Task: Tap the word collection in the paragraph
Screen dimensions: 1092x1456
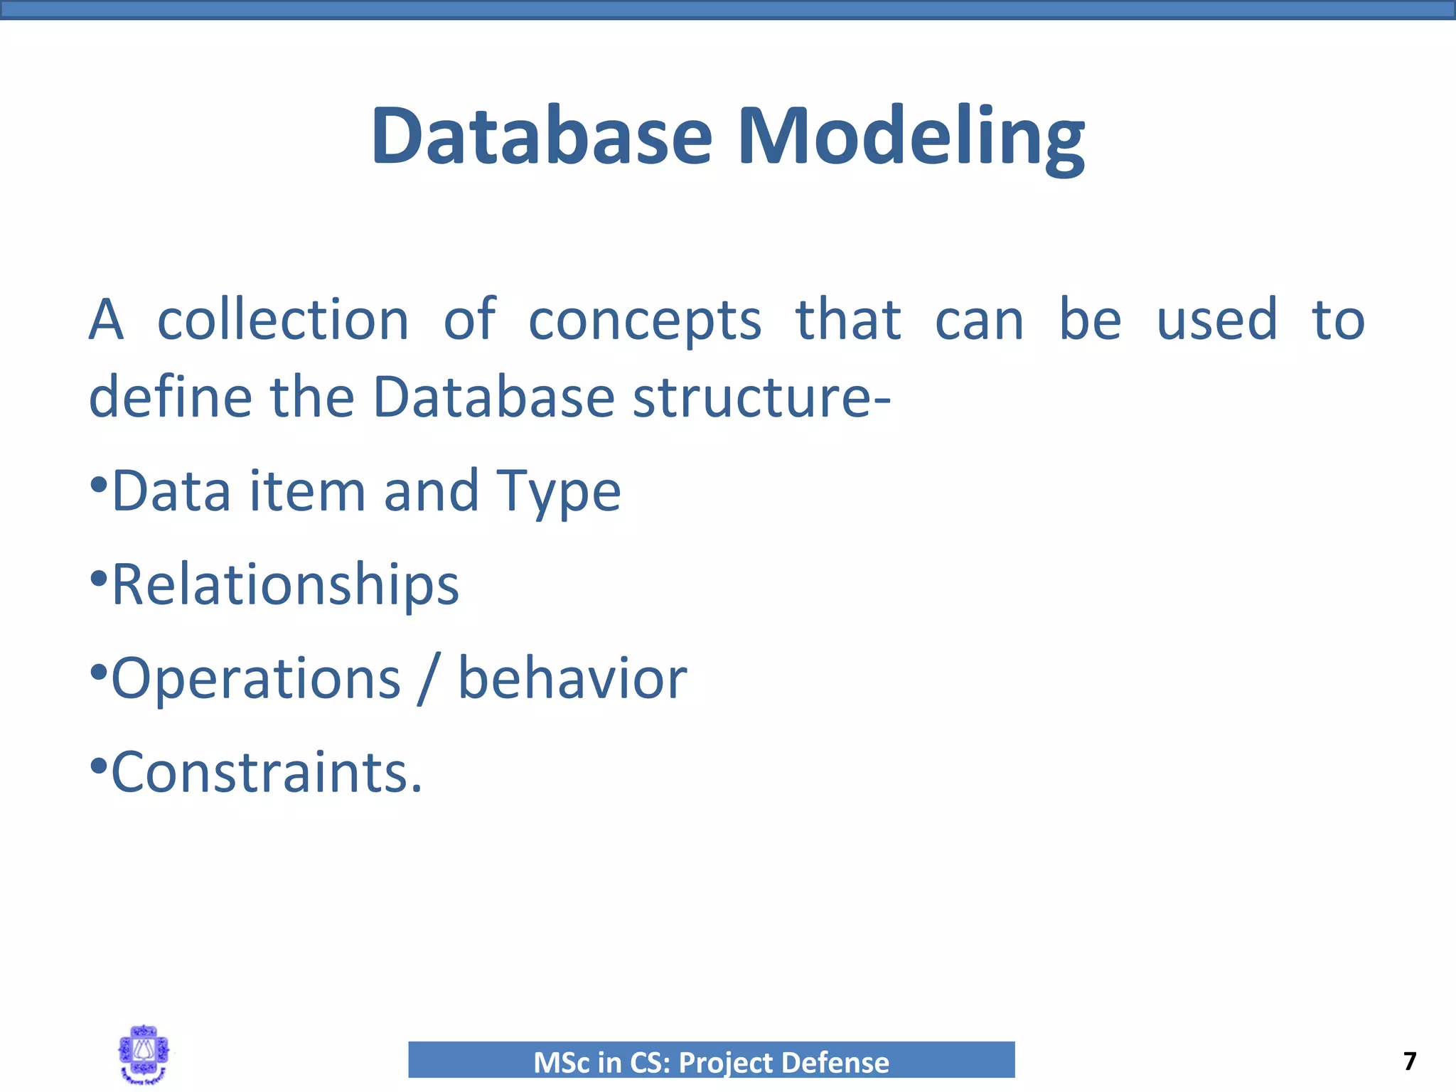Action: pyautogui.click(x=283, y=321)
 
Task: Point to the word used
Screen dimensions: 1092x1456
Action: pyautogui.click(x=1216, y=320)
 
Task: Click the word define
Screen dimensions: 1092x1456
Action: pyautogui.click(x=170, y=397)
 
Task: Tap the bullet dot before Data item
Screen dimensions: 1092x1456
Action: pyautogui.click(x=99, y=486)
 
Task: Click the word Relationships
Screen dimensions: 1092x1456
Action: pyautogui.click(x=285, y=585)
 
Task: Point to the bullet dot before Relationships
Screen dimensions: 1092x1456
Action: pyautogui.click(x=99, y=578)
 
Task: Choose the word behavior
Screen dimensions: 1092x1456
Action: pyautogui.click(x=572, y=678)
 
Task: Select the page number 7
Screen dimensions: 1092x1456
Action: pyautogui.click(x=1410, y=1061)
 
